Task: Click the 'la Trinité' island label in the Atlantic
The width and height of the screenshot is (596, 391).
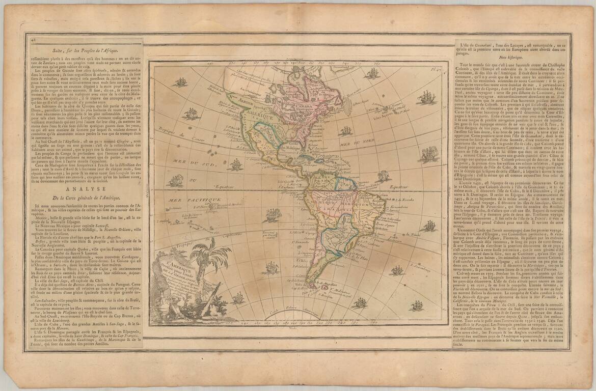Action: (427, 236)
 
